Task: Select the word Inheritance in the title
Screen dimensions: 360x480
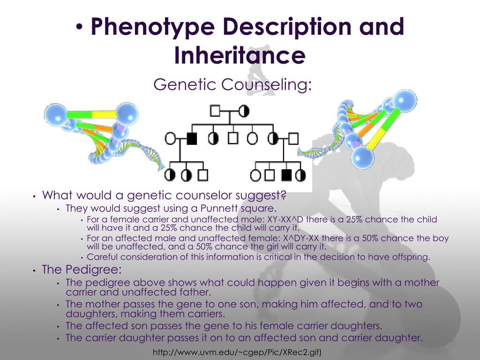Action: click(240, 55)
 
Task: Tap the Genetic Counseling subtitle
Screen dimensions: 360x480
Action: click(232, 85)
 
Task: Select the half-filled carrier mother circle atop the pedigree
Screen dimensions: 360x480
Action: click(244, 111)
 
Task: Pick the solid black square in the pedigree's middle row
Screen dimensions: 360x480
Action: click(191, 138)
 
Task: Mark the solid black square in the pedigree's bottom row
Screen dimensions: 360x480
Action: click(285, 175)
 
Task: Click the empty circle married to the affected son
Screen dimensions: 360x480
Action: click(171, 138)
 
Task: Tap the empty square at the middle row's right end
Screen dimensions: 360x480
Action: click(293, 138)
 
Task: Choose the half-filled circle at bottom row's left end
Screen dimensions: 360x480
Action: click(171, 175)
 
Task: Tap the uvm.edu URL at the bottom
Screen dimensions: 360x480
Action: click(237, 352)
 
